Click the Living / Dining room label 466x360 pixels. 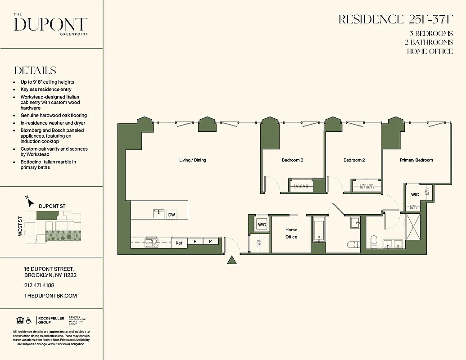click(192, 160)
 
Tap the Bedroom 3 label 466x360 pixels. click(292, 160)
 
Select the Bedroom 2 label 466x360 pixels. click(354, 160)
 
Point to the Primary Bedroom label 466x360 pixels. click(416, 160)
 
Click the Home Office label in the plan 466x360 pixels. click(291, 233)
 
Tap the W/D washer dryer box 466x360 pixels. click(262, 225)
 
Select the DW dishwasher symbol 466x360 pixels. click(172, 215)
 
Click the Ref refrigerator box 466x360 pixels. click(179, 243)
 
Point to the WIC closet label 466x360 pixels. click(415, 194)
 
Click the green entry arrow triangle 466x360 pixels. click(231, 260)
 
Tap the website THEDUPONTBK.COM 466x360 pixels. click(50, 296)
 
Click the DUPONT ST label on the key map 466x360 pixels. click(52, 206)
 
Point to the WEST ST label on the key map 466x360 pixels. click(20, 226)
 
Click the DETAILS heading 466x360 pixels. click(35, 71)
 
